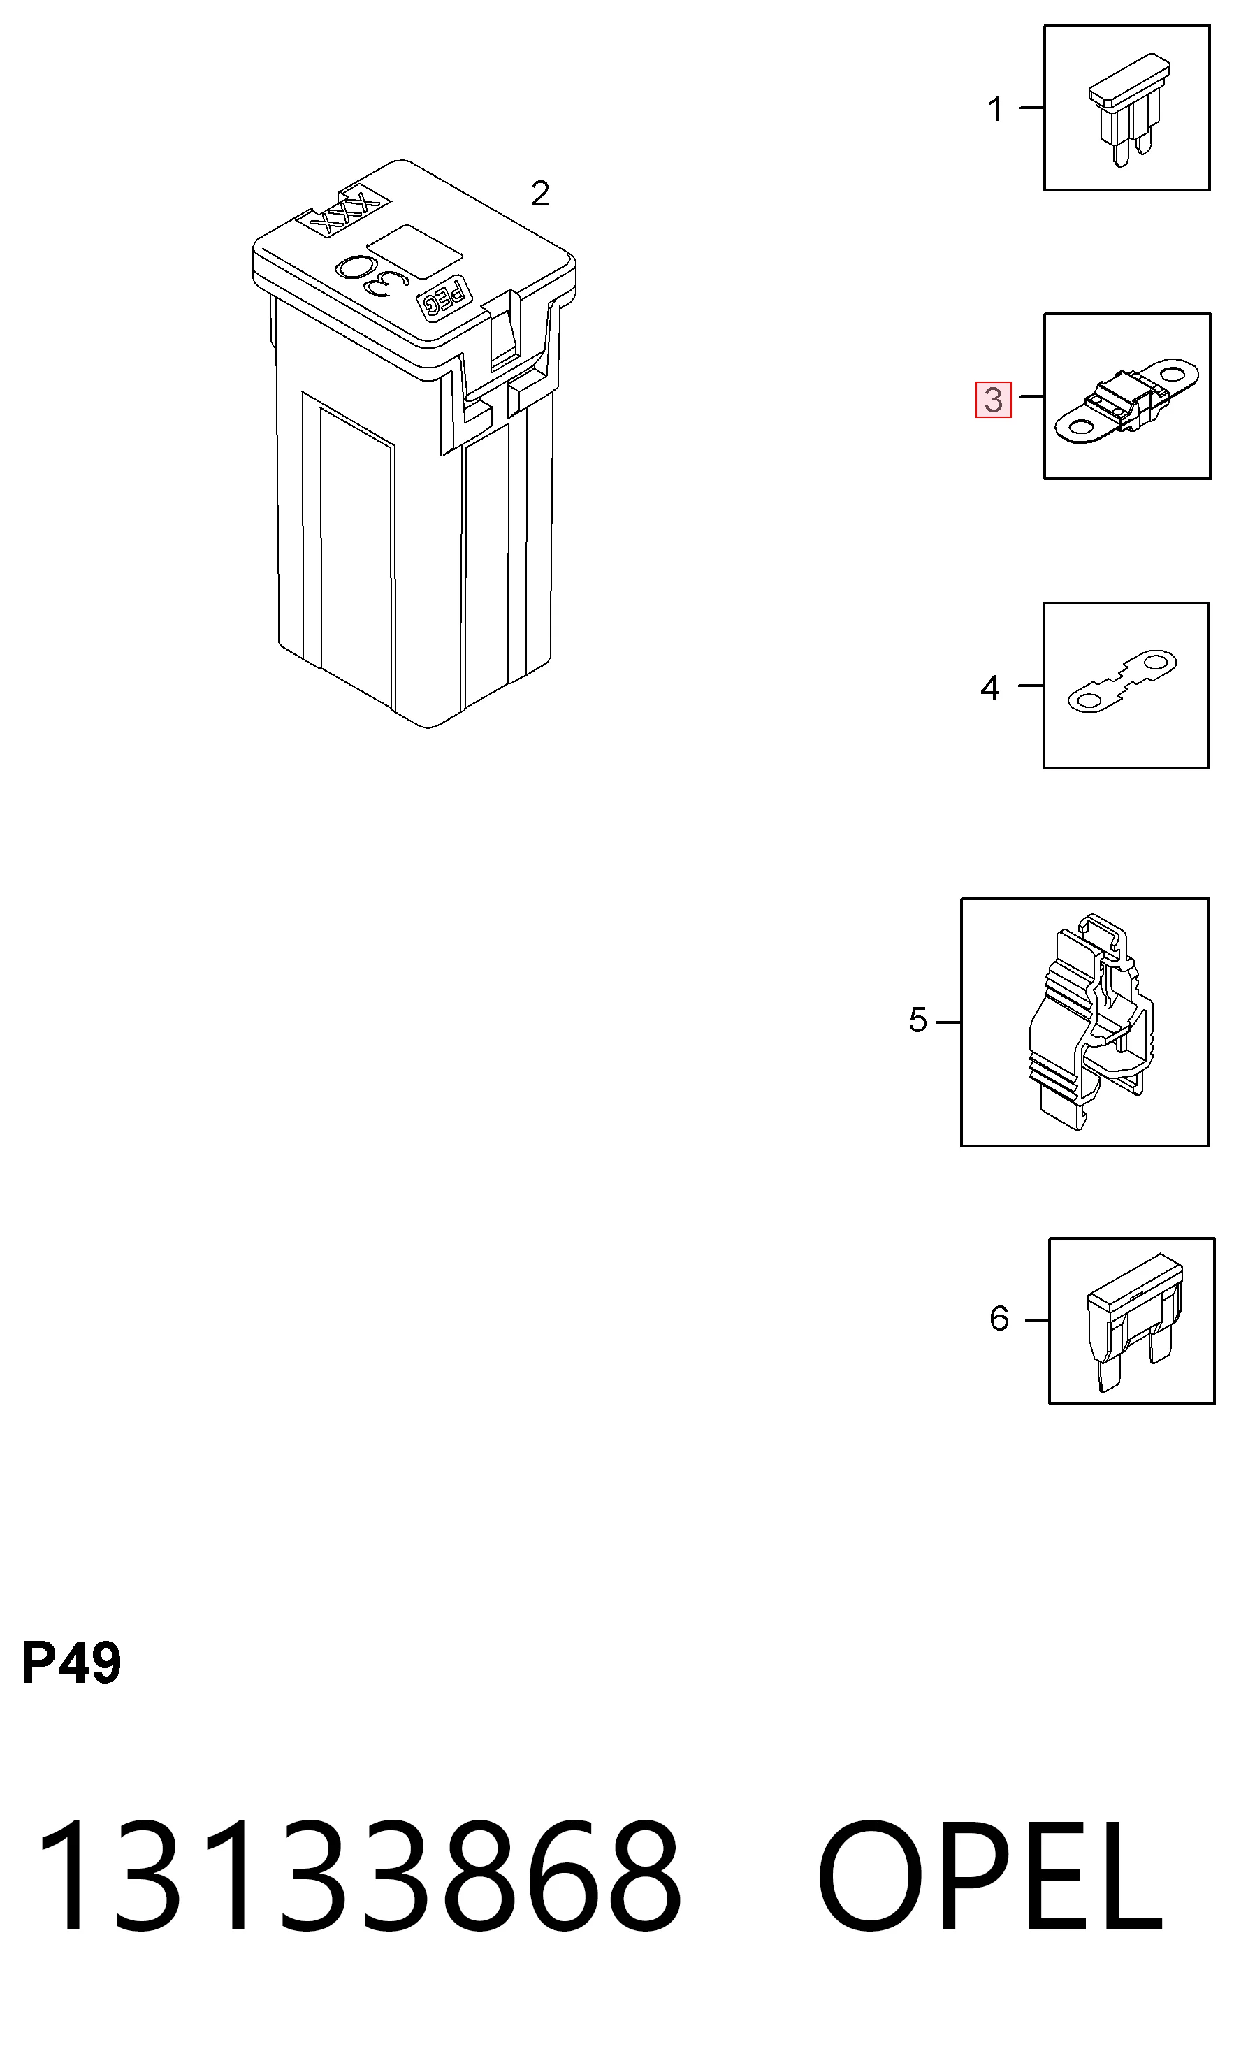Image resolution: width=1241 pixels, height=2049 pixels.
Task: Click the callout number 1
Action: pos(995,109)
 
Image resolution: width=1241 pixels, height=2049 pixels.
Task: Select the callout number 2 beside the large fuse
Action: pos(540,194)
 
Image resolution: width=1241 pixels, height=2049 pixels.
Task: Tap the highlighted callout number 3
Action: pos(994,400)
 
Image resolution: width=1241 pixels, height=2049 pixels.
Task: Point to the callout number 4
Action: pos(989,688)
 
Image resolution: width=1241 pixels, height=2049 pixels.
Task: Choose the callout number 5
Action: pos(917,1020)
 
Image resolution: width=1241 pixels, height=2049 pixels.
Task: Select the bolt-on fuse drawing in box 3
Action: pos(1126,402)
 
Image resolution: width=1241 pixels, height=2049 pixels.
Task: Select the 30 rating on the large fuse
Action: pos(372,277)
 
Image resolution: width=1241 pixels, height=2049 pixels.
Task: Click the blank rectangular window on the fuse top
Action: pos(414,251)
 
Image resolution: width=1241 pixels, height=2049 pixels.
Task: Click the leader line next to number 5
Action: pos(948,1021)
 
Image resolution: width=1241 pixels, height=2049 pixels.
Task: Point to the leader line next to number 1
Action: pos(1031,108)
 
